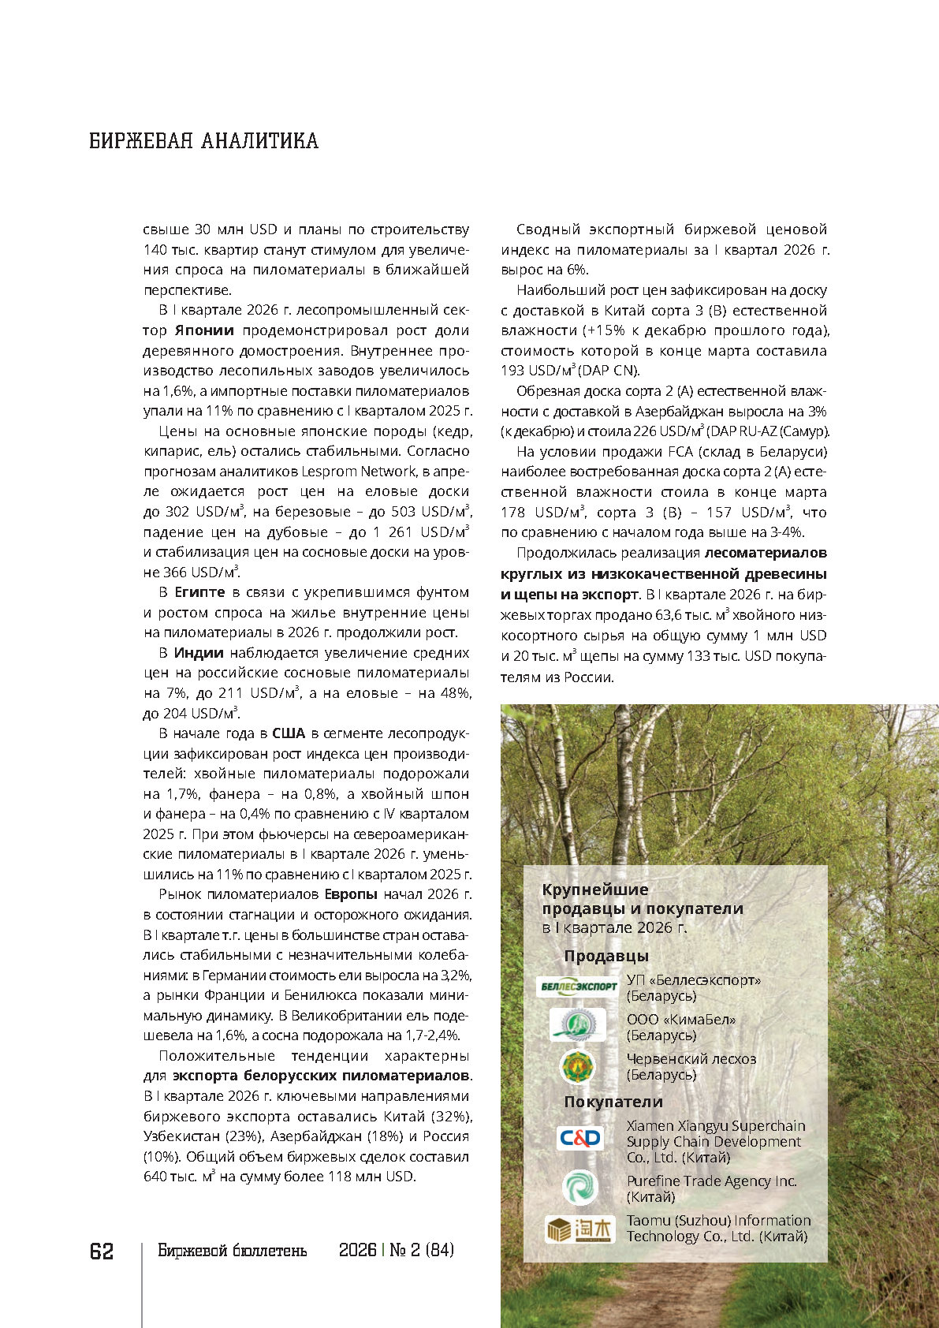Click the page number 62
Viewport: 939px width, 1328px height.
coord(102,1252)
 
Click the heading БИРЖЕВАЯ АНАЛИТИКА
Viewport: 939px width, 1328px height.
coord(203,141)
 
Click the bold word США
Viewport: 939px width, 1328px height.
coord(288,733)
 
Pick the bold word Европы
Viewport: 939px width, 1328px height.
coord(351,894)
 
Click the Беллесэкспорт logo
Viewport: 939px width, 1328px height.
coord(578,987)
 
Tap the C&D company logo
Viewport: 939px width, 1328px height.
coord(579,1138)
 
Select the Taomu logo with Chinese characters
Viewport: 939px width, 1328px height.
coord(579,1229)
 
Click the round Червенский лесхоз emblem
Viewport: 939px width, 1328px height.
coord(578,1067)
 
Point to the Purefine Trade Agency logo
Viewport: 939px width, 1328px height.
coord(579,1188)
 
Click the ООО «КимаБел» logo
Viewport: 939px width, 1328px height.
coord(578,1025)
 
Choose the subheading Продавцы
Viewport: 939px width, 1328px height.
coord(606,957)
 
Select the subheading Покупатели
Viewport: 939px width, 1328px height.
coord(613,1102)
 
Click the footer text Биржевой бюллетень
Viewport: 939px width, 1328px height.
coord(232,1251)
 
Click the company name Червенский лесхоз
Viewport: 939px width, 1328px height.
coord(691,1059)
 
